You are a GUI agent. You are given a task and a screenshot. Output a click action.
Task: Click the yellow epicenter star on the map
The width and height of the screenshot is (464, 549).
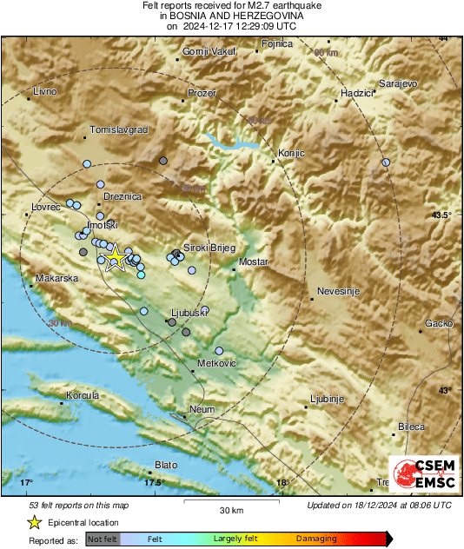(115, 257)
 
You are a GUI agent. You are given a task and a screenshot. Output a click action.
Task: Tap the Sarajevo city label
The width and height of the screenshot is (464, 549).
(399, 83)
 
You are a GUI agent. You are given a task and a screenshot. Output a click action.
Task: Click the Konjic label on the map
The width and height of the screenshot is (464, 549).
(292, 154)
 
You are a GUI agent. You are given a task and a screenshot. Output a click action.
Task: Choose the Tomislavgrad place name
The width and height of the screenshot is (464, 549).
(120, 129)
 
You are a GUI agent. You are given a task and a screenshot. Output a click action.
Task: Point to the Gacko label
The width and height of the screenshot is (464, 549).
(438, 324)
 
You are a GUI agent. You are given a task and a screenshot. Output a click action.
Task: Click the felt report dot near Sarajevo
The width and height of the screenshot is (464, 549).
(386, 162)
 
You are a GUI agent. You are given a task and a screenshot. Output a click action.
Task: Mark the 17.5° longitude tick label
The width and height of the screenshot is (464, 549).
(154, 483)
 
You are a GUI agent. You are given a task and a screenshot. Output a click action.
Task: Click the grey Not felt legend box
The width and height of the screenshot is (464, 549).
(103, 539)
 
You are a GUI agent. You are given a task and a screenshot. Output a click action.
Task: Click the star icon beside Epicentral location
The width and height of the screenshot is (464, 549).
(34, 522)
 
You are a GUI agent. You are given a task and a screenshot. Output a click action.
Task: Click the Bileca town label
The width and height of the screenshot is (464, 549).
(411, 427)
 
